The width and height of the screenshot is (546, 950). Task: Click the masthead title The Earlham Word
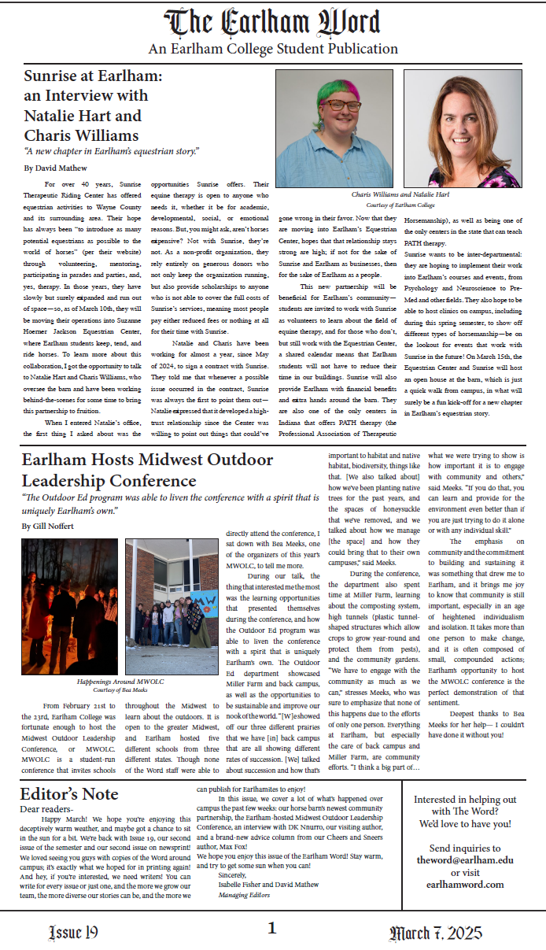pos(272,22)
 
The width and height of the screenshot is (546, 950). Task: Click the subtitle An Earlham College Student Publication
pos(273,49)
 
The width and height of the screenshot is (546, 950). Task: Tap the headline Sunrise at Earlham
pos(93,76)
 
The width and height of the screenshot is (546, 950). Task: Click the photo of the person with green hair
pos(336,128)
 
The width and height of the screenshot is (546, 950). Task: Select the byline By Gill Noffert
pos(49,526)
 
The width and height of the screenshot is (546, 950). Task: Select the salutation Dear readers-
pos(46,808)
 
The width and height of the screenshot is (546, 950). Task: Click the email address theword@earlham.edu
pos(465,860)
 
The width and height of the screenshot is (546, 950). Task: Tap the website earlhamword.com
pos(465,884)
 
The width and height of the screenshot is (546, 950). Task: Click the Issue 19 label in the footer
pos(73,933)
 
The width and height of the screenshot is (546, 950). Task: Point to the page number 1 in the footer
pos(272,929)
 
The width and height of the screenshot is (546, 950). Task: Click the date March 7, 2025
pos(435,933)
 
